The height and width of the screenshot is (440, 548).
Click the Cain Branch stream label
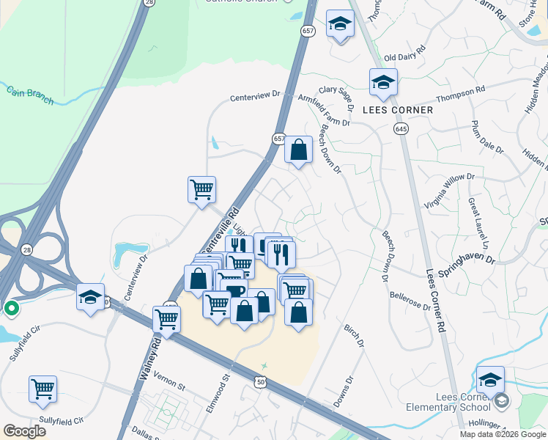point(29,95)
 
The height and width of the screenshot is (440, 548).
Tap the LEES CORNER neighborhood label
point(398,110)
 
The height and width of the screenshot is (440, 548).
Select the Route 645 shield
point(404,128)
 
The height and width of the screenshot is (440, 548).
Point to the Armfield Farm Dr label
point(324,107)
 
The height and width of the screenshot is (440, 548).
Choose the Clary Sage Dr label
point(336,91)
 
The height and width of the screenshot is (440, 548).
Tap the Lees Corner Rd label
point(434,297)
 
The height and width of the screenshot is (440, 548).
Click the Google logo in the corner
point(24,431)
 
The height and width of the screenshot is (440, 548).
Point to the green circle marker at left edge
point(11,309)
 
